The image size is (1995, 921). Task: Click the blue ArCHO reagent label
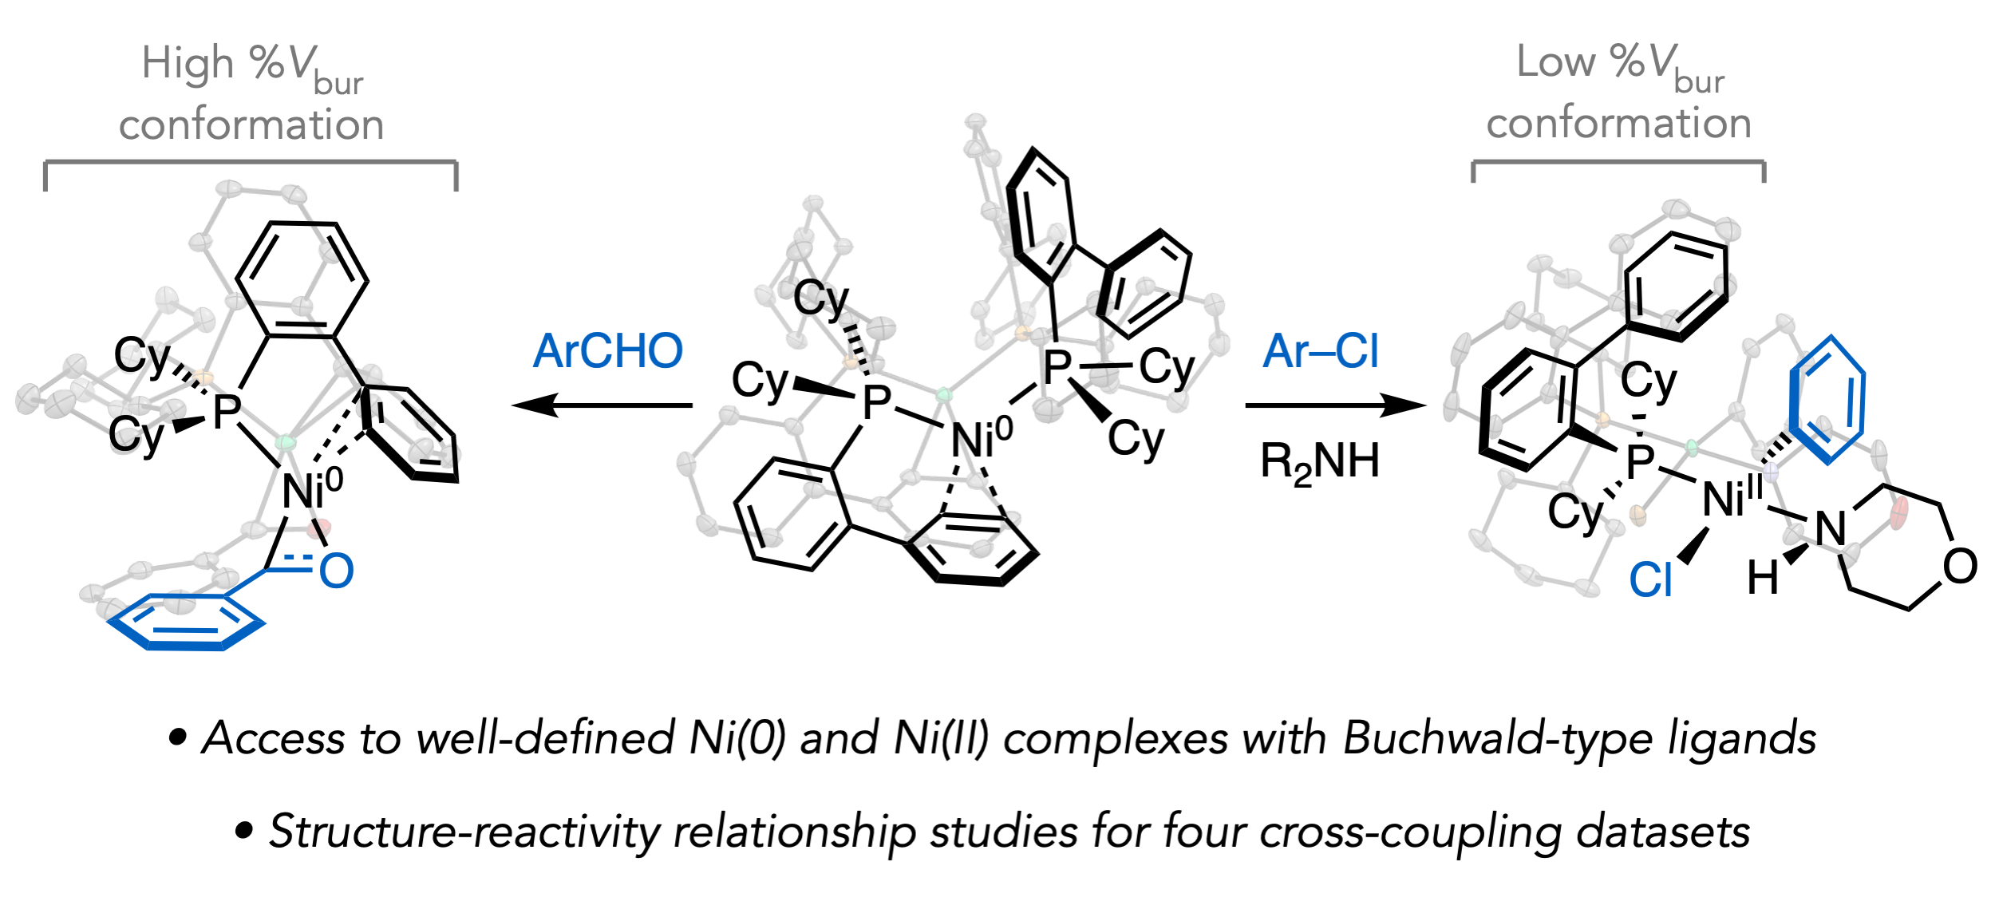coord(607,351)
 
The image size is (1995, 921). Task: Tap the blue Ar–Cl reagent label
coord(1320,351)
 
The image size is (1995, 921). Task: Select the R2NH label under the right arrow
coord(1320,462)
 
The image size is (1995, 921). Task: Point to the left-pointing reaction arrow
coord(602,405)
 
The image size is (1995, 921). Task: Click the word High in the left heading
coord(188,64)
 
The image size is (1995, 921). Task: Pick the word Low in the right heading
coord(1555,62)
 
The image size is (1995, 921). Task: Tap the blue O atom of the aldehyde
coord(336,571)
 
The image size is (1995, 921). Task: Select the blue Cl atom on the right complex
coord(1650,580)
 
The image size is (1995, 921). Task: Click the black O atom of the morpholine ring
coord(1960,567)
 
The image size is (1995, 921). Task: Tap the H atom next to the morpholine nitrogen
coord(1762,578)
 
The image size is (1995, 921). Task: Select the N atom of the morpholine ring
coord(1831,528)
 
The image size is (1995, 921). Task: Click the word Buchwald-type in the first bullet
coord(1497,738)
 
